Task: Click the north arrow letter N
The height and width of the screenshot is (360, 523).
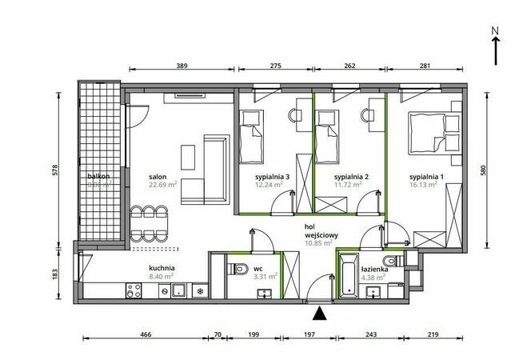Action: (x=496, y=31)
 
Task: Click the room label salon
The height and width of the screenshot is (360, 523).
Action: (x=157, y=177)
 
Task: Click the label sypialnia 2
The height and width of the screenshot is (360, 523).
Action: (x=349, y=177)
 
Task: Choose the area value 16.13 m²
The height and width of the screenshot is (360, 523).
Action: (x=422, y=186)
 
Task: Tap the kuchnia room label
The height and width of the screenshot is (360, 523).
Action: (x=162, y=269)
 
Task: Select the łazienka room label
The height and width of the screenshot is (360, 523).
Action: (x=374, y=270)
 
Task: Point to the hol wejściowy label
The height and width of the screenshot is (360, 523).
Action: (x=319, y=231)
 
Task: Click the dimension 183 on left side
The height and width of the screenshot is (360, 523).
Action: (x=66, y=273)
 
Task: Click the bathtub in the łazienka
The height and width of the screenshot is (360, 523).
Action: (x=348, y=277)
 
